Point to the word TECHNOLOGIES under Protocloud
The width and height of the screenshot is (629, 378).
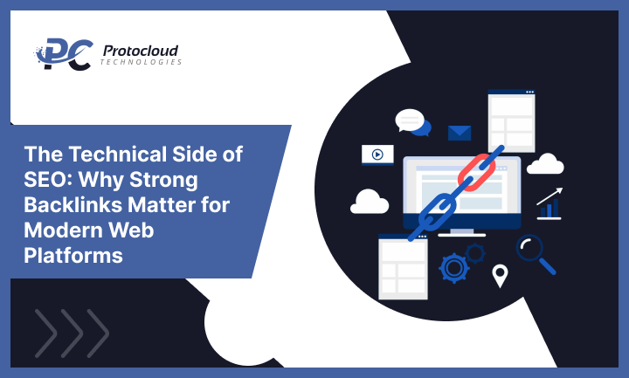pos(141,63)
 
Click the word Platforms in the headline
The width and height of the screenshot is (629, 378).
pos(74,257)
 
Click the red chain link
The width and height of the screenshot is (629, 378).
pos(477,170)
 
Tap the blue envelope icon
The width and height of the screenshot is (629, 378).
pos(460,133)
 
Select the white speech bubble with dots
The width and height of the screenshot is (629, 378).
pos(408,120)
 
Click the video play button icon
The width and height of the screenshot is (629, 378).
pos(377,155)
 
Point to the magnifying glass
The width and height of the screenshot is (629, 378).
pos(532,251)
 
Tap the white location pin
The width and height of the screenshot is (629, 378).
pos(500,276)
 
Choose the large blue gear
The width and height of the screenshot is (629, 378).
pos(454,266)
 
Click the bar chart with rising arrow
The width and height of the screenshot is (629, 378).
pos(550,203)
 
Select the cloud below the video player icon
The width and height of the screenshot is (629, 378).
pos(370,203)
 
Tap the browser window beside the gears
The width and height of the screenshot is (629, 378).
pos(403,268)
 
